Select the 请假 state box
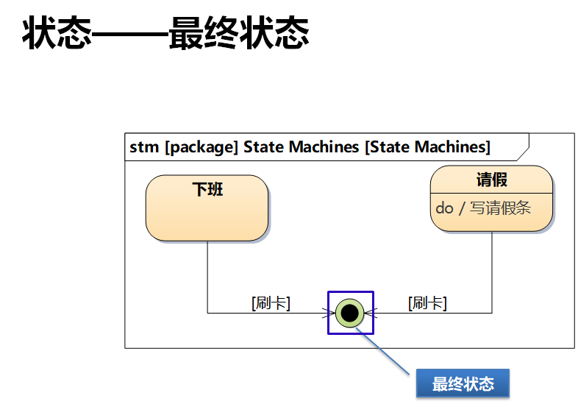coord(491,198)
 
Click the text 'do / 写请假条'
coord(482,208)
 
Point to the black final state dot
coord(350,313)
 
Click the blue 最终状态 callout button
coord(463,383)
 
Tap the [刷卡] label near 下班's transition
coord(271,302)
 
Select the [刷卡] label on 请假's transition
coord(427,302)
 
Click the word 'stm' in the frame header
coord(144,147)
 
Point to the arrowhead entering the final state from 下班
coord(331,313)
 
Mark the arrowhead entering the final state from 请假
coord(369,313)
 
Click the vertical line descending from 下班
coord(207,276)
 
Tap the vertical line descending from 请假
coord(491,272)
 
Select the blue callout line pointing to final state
coord(384,352)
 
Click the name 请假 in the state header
coord(491,180)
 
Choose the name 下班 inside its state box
coord(207,189)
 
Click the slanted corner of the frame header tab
coord(521,147)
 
